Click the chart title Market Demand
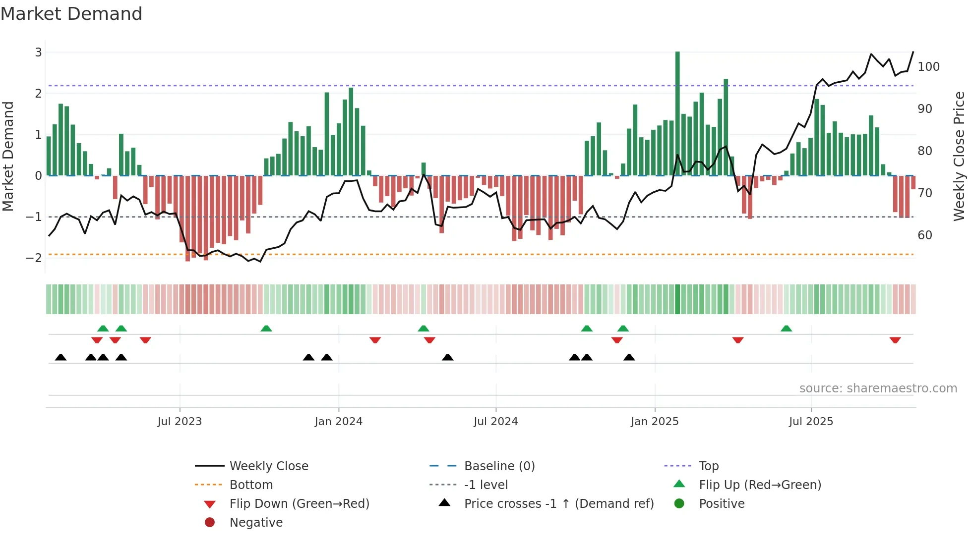pyautogui.click(x=71, y=14)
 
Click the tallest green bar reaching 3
pyautogui.click(x=677, y=114)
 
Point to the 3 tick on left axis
pyautogui.click(x=38, y=52)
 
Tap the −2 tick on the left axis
pyautogui.click(x=34, y=258)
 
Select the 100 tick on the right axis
pyautogui.click(x=928, y=66)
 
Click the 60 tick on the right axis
pyautogui.click(x=925, y=235)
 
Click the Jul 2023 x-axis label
pyautogui.click(x=180, y=421)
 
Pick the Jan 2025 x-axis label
pyautogui.click(x=655, y=421)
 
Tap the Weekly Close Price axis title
pyautogui.click(x=959, y=156)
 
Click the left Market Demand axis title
pyautogui.click(x=8, y=156)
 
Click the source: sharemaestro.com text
pyautogui.click(x=878, y=388)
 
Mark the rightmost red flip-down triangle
pyautogui.click(x=895, y=340)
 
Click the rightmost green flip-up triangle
pyautogui.click(x=786, y=328)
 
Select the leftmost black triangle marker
pyautogui.click(x=61, y=357)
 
